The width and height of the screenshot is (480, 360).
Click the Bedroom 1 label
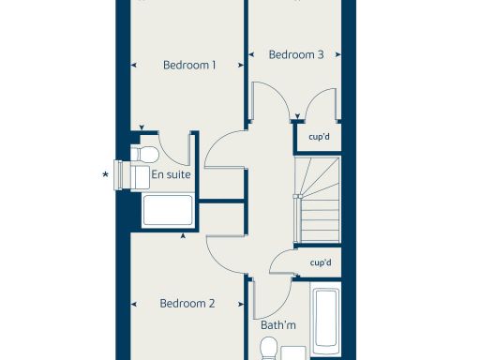coord(189,66)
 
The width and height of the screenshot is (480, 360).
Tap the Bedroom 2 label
coord(187,304)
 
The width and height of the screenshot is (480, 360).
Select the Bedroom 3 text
coord(296,55)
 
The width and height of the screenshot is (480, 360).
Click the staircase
coord(317,201)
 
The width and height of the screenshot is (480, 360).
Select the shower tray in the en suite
coord(168,211)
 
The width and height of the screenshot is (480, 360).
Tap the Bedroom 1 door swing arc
coord(223,150)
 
